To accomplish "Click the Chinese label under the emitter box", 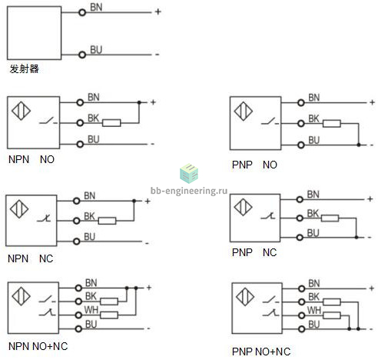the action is (x=25, y=68).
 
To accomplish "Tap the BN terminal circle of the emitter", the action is (x=82, y=12).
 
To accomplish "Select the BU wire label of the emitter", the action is (x=96, y=49).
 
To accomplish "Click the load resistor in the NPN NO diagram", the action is (x=111, y=123).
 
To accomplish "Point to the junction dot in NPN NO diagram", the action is (x=139, y=102).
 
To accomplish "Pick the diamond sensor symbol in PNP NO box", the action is (x=244, y=111).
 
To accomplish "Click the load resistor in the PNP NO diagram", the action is (x=332, y=124).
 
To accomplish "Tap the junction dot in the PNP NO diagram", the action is (x=359, y=145).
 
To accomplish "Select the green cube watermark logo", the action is (x=189, y=174).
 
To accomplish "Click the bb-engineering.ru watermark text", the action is (x=189, y=191).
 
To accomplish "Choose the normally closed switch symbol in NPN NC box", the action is (x=44, y=218).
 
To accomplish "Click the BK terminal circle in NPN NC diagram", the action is (x=76, y=221).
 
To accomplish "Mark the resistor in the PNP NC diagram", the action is (x=330, y=218).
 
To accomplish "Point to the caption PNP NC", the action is (x=254, y=252).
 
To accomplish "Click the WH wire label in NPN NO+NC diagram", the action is (x=91, y=310).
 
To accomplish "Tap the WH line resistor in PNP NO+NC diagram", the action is (x=332, y=315).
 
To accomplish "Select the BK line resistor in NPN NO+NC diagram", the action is (x=109, y=302).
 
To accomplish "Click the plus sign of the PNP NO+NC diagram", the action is (x=372, y=288).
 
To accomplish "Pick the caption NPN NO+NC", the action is (x=38, y=346).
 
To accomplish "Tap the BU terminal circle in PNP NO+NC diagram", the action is (x=302, y=329).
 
